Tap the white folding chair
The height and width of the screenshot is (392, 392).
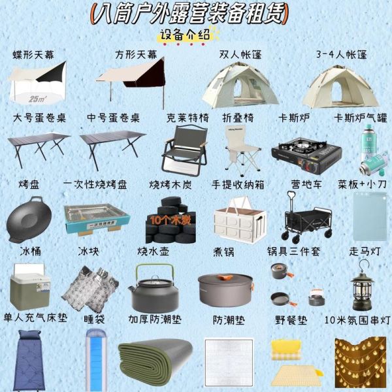[236, 150]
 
